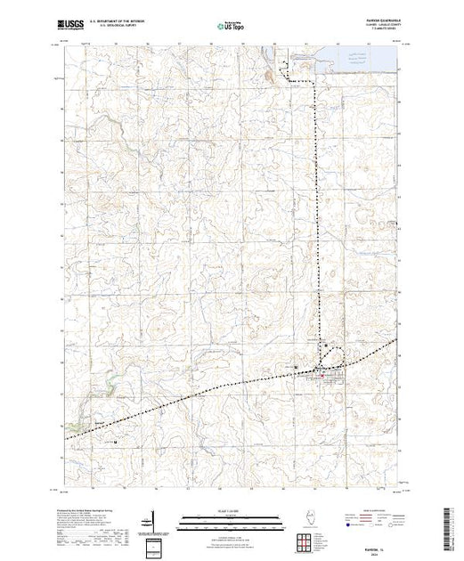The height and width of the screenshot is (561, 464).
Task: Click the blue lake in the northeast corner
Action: pyautogui.click(x=356, y=61)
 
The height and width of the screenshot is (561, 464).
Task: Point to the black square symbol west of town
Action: pyautogui.click(x=297, y=367)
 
